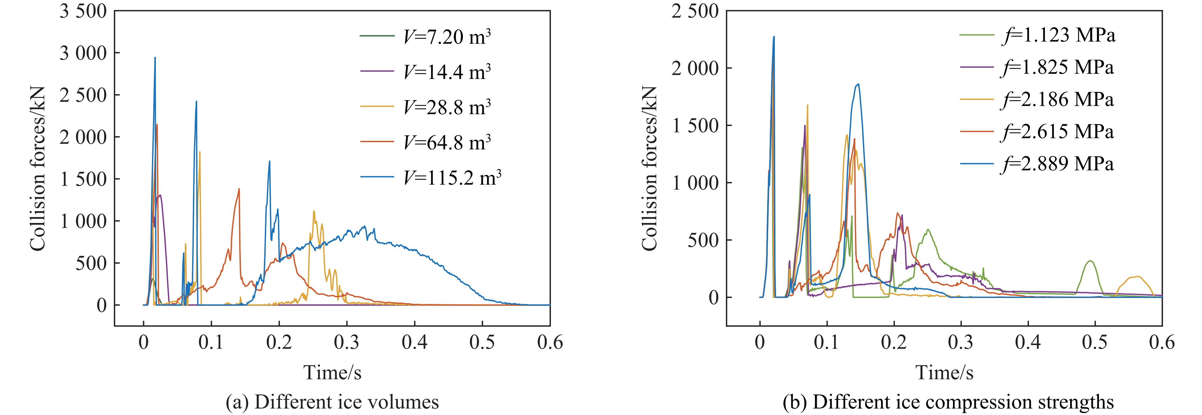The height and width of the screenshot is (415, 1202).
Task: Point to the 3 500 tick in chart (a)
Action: [x=83, y=11]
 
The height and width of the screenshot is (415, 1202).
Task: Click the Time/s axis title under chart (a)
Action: [x=332, y=372]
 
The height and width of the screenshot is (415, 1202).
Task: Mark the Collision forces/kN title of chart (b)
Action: [x=649, y=168]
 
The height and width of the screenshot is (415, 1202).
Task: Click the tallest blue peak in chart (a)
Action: [x=155, y=58]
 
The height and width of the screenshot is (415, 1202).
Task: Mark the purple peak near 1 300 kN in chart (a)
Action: [x=160, y=196]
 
